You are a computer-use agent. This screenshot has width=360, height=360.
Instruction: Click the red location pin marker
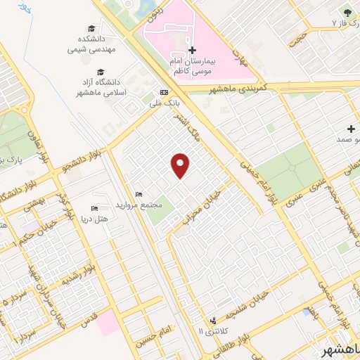pyautogui.click(x=181, y=165)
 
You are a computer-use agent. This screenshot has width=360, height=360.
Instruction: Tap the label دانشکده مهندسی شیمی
pyautogui.click(x=86, y=44)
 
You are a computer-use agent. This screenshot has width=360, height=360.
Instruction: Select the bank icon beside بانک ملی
pyautogui.click(x=164, y=91)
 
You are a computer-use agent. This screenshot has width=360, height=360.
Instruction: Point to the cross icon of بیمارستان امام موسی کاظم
pyautogui.click(x=192, y=51)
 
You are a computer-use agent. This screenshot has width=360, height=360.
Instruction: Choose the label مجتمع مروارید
pyautogui.click(x=147, y=205)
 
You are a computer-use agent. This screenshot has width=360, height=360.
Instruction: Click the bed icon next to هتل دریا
pyautogui.click(x=95, y=209)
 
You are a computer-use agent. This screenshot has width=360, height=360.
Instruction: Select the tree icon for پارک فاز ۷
pyautogui.click(x=346, y=11)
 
